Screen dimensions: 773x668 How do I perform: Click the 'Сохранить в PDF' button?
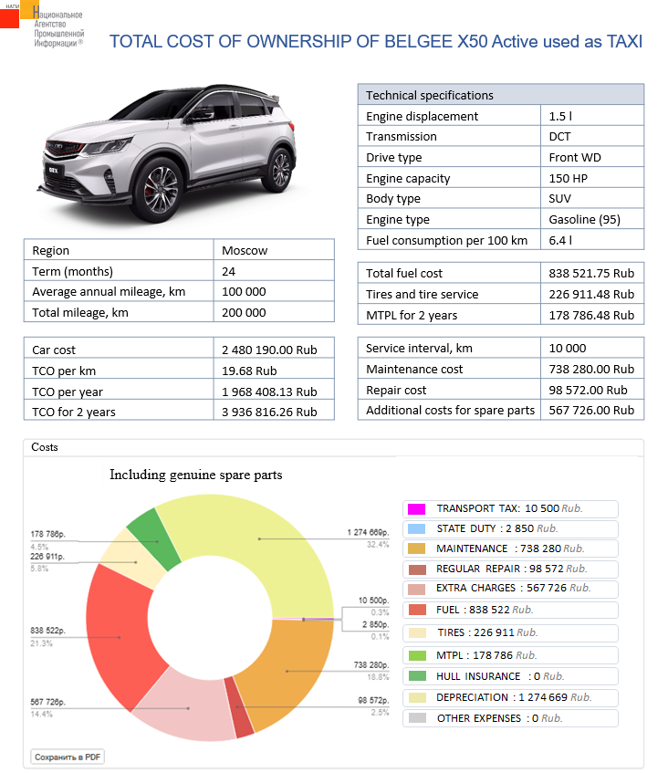pyautogui.click(x=68, y=757)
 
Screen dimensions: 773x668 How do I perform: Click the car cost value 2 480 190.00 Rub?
pyautogui.click(x=269, y=350)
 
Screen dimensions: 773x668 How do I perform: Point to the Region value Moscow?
pyautogui.click(x=245, y=250)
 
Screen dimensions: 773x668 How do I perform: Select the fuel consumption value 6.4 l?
pyautogui.click(x=560, y=240)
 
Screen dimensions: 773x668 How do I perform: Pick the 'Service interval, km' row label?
pyautogui.click(x=419, y=348)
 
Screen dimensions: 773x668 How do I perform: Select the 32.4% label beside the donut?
pyautogui.click(x=378, y=545)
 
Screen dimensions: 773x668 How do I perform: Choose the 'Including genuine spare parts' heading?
pyautogui.click(x=196, y=475)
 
